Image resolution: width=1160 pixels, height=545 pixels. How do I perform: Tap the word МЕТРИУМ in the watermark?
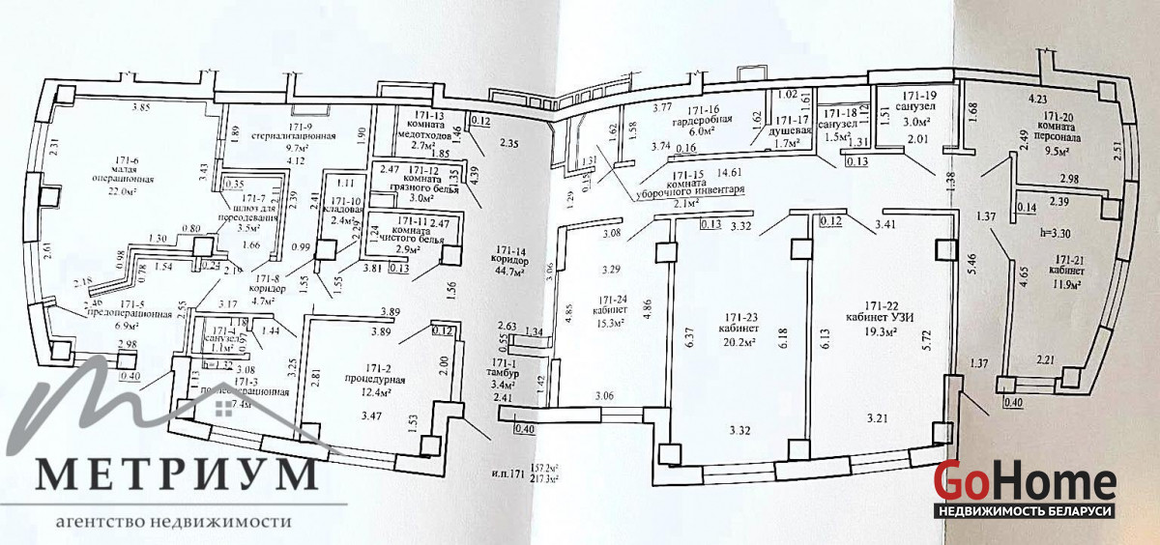179,474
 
